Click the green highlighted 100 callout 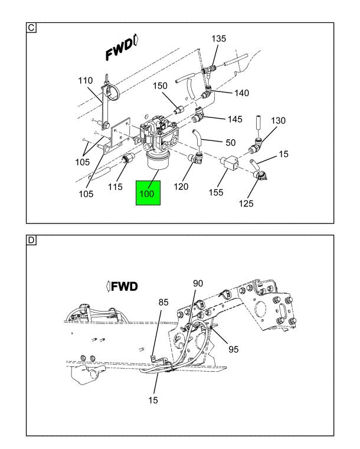(x=148, y=193)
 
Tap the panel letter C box (x=31, y=28)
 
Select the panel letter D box (x=31, y=240)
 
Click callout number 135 (x=218, y=39)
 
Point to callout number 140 (x=241, y=93)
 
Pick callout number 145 (x=235, y=119)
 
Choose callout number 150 (x=160, y=86)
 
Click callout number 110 (x=86, y=80)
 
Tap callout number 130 (x=278, y=120)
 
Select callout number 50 (x=231, y=142)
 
